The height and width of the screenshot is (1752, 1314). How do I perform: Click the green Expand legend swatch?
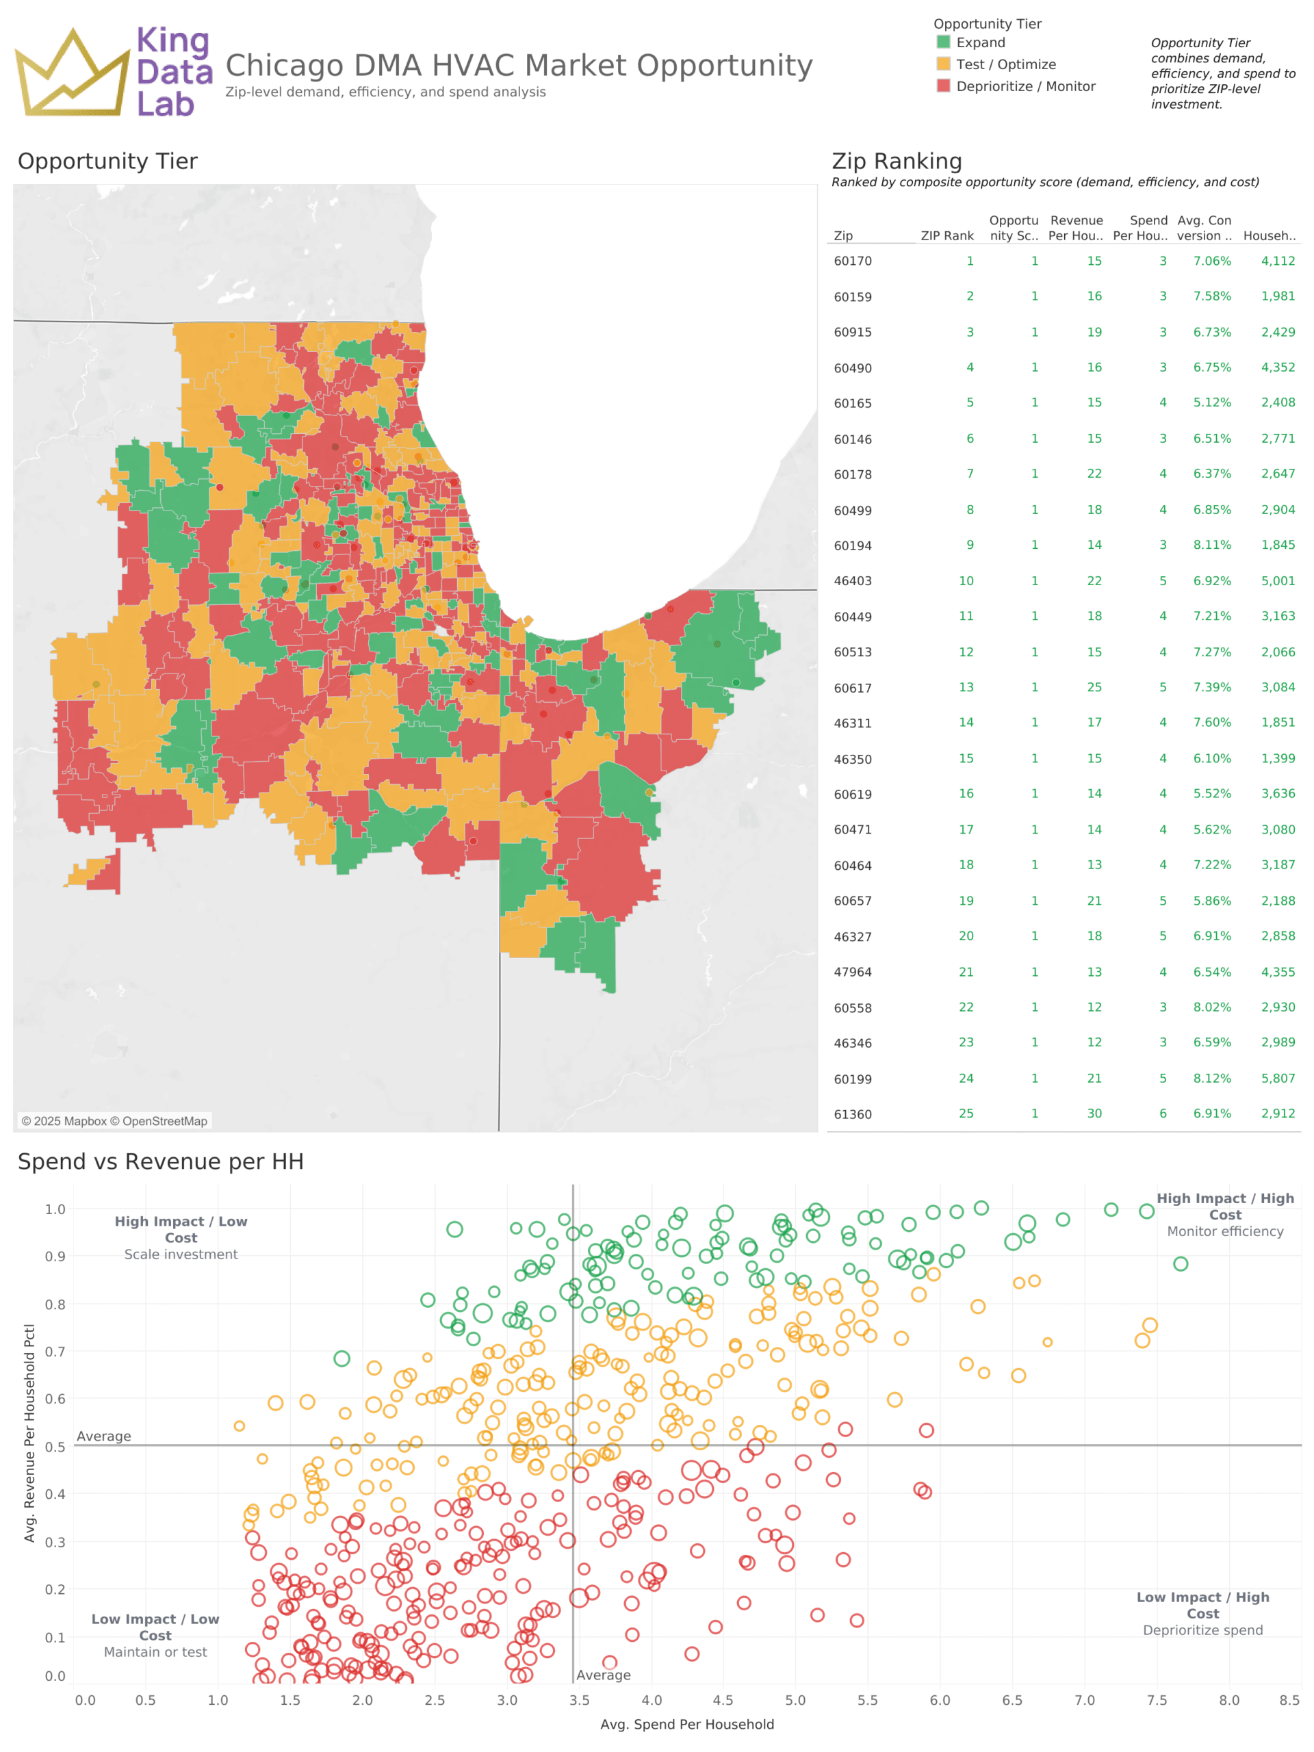click(942, 42)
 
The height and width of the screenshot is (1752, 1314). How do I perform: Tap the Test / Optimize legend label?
click(1005, 64)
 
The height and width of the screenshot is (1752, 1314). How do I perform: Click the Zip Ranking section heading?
click(896, 161)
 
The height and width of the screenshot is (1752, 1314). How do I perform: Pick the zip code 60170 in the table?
click(852, 261)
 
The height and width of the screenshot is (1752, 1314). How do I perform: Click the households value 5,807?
click(1278, 1078)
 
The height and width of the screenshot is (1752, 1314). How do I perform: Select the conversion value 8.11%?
click(1211, 545)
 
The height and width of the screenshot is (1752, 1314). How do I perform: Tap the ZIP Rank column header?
click(946, 235)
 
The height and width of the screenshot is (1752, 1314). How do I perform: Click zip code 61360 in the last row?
click(852, 1114)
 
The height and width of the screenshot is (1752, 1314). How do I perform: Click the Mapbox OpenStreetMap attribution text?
click(114, 1121)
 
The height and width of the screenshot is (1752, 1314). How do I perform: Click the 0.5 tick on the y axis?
click(55, 1447)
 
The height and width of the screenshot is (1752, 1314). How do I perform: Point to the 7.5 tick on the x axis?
click(1157, 1701)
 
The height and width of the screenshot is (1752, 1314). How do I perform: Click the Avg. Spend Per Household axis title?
click(686, 1724)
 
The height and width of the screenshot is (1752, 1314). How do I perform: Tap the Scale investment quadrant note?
click(181, 1254)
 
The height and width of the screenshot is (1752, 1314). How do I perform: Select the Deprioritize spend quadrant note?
click(1202, 1630)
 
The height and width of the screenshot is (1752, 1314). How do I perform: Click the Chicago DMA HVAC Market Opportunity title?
click(519, 65)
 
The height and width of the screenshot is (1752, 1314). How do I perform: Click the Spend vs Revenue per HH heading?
click(161, 1161)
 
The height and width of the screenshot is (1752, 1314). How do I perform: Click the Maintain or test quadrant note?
click(155, 1652)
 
